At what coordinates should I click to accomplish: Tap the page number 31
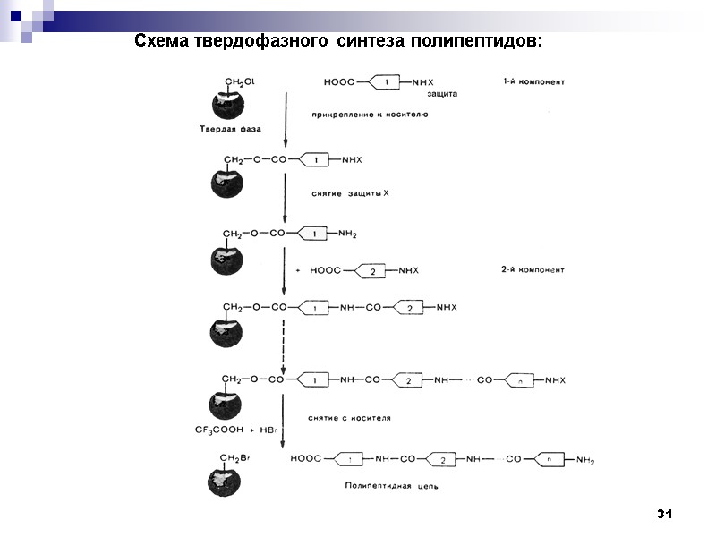click(663, 514)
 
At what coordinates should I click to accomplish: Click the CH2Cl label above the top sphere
click(239, 81)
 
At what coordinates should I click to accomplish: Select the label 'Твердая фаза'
click(230, 129)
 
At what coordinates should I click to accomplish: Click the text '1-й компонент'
click(533, 81)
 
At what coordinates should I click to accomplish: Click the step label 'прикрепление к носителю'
click(370, 115)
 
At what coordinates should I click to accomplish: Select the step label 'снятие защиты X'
click(350, 193)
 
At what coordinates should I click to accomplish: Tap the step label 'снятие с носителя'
click(349, 417)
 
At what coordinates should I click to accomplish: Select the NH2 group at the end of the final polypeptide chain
click(585, 461)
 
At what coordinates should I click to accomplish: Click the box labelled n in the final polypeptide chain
click(549, 460)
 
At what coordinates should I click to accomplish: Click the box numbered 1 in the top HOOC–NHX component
click(385, 82)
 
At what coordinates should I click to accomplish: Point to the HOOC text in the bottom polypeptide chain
click(306, 459)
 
